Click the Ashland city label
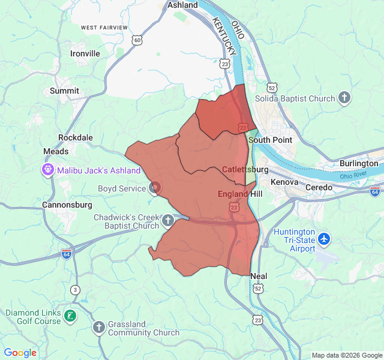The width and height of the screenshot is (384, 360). [182, 5]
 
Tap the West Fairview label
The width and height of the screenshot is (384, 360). [104, 28]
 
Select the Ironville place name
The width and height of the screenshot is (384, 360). [85, 53]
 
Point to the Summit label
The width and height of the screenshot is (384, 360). [64, 91]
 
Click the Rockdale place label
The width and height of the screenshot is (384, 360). [76, 137]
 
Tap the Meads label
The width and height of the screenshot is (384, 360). [56, 152]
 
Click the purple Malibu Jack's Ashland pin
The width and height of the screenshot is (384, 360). [47, 170]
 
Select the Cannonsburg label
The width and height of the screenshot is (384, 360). [67, 205]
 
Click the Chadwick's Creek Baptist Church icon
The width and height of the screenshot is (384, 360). [168, 221]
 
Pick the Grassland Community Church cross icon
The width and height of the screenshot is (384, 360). [99, 328]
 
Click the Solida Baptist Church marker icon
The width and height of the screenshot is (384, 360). [344, 98]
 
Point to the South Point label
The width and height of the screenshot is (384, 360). [270, 140]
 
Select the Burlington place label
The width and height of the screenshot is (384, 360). [359, 163]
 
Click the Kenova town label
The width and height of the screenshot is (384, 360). [284, 181]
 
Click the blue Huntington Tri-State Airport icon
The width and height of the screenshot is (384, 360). [325, 239]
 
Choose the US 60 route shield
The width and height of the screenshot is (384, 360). [138, 40]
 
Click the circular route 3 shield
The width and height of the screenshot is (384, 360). [75, 290]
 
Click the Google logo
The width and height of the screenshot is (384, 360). [20, 353]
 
